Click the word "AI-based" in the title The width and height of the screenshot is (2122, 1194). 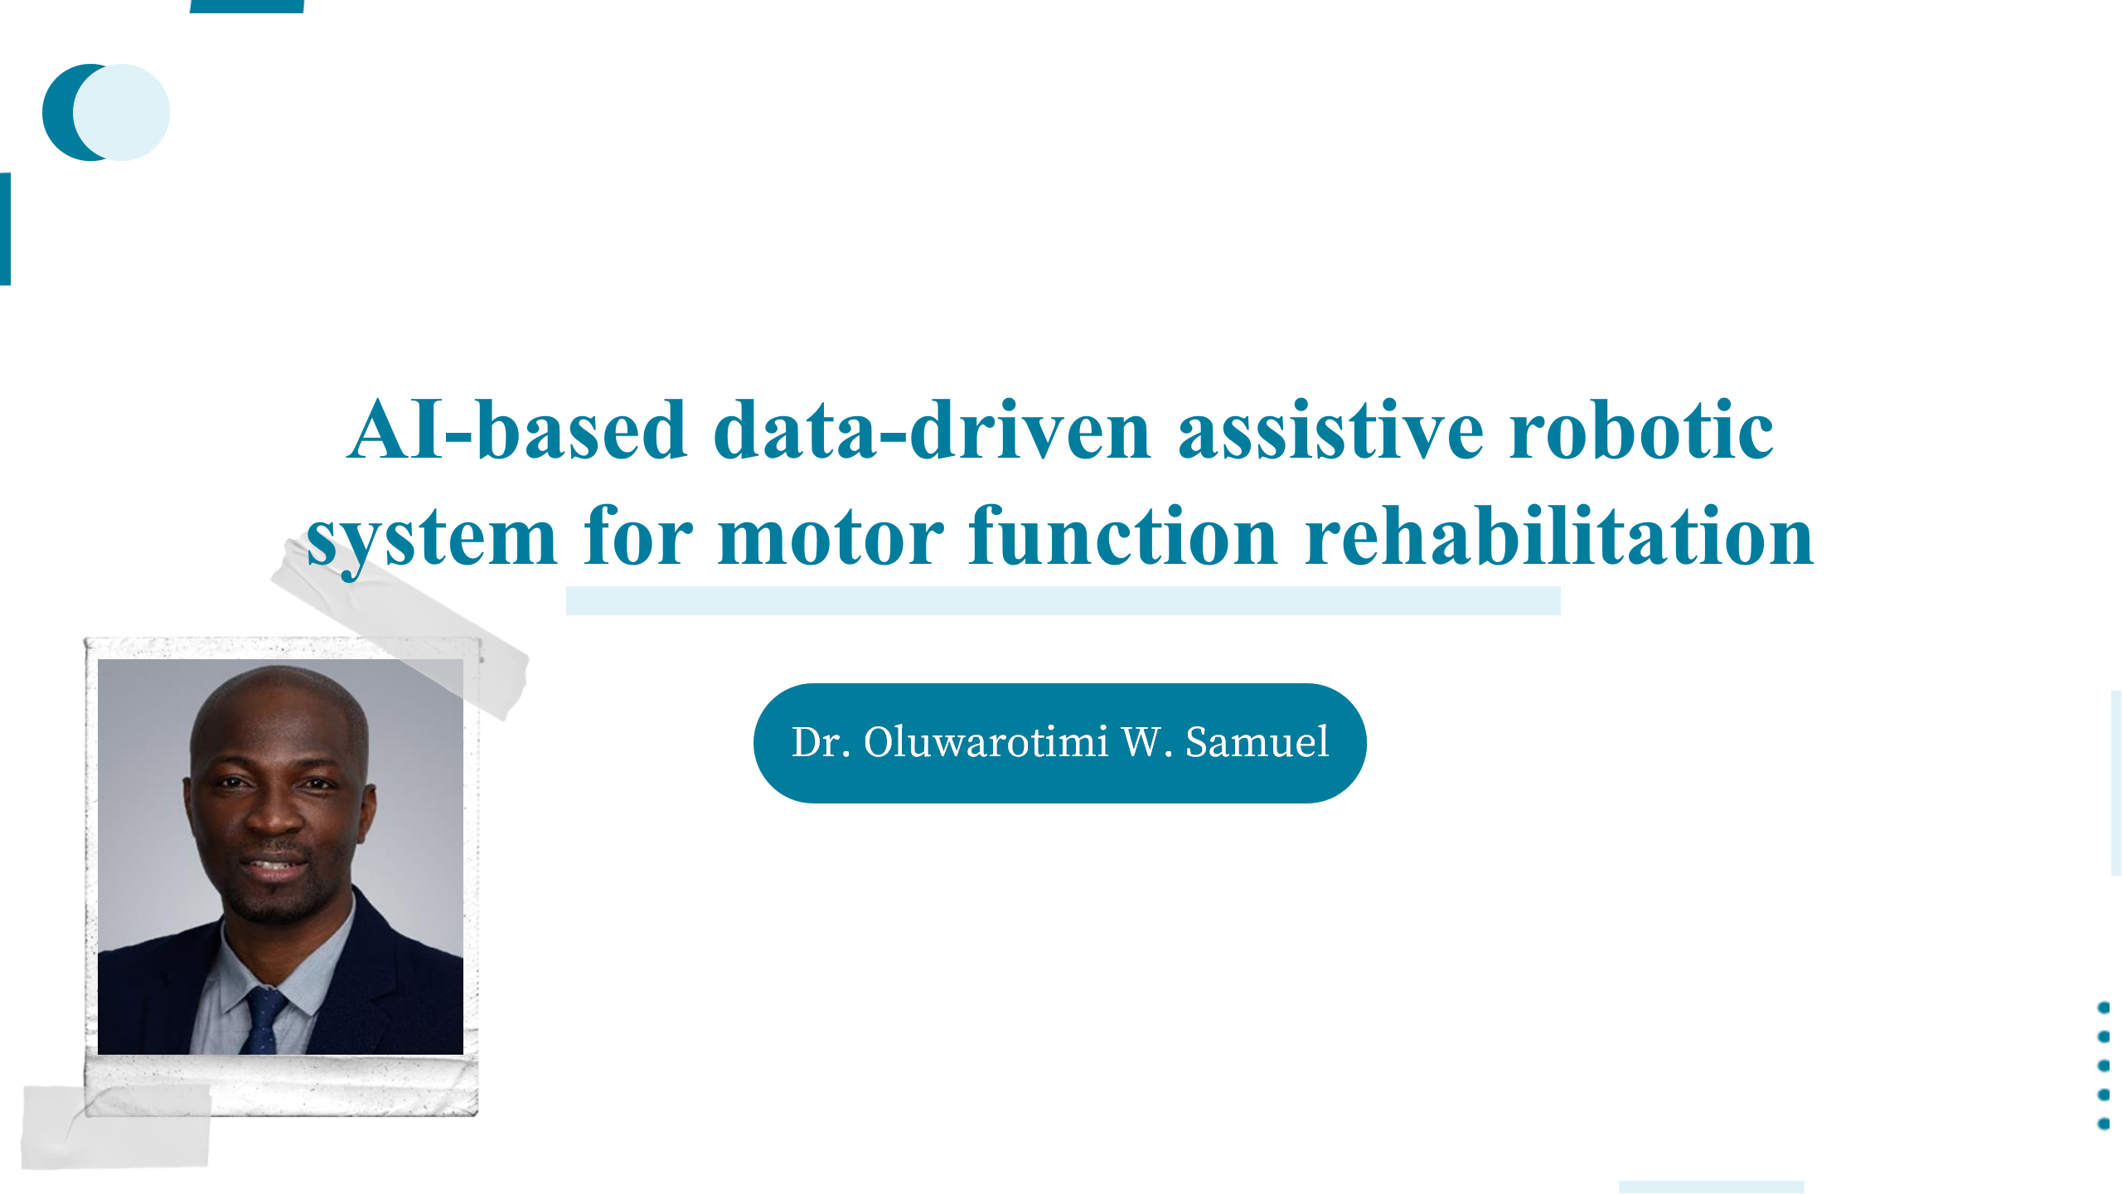point(517,430)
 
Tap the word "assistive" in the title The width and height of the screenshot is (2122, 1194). point(1330,430)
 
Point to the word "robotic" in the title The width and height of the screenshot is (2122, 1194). point(1641,430)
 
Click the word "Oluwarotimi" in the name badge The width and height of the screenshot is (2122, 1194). point(986,741)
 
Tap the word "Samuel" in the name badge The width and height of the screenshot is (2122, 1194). point(1257,741)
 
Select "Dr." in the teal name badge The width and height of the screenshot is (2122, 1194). point(821,741)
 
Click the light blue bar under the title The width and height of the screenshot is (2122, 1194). point(1063,600)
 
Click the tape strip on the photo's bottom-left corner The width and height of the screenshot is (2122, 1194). point(116,1126)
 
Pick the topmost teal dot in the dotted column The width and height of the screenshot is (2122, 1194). point(2104,1007)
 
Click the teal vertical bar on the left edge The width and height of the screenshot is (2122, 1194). point(5,229)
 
